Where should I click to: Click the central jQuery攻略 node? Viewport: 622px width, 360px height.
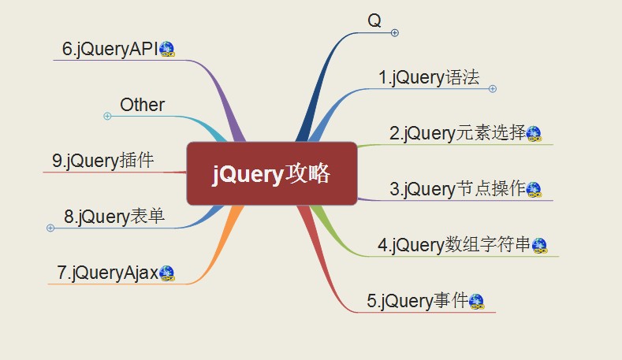coord(272,173)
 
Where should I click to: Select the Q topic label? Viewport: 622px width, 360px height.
coord(374,20)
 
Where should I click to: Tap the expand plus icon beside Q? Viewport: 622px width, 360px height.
coord(395,33)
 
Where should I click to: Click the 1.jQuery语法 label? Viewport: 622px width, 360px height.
coord(429,77)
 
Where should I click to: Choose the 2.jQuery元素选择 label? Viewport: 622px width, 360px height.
coord(457,133)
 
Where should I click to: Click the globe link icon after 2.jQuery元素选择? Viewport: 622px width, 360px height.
coord(534,134)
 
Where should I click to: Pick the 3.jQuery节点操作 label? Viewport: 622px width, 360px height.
coord(457,189)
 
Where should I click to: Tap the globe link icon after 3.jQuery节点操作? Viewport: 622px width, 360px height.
coord(534,190)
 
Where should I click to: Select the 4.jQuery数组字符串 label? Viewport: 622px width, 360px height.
coord(454,245)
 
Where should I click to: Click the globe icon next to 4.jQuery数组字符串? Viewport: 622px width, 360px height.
coord(539,246)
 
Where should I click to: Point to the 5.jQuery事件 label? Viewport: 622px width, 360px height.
coord(417,301)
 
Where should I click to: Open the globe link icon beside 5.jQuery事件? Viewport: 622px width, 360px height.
coord(476,302)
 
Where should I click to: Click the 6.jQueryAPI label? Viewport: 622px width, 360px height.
coord(110,49)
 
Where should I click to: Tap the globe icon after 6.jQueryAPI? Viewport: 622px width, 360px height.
coord(167,49)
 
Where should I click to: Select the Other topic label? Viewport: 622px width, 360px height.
coord(142,105)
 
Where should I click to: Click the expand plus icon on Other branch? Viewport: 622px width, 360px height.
coord(107,116)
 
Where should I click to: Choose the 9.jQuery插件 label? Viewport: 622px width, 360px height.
coord(102,161)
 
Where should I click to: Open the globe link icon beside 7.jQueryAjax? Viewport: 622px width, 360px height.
coord(167,273)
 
